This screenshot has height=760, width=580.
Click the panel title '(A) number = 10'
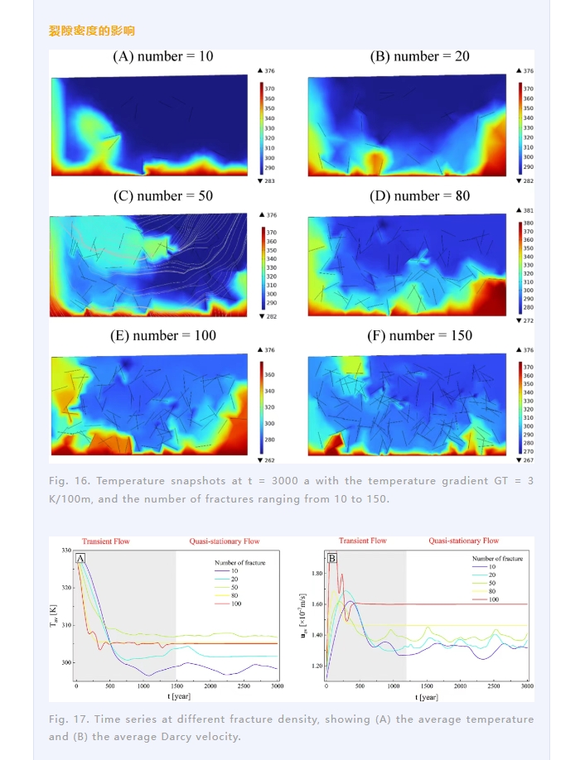163,56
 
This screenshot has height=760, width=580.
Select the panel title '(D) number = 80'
419,196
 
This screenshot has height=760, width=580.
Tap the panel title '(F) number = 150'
420,335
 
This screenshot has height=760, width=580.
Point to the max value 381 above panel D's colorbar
529,211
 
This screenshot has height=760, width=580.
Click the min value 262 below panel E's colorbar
271,460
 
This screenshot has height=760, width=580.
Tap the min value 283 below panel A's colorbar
271,180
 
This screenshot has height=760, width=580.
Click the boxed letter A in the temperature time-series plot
80,559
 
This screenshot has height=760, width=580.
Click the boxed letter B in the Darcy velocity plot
331,559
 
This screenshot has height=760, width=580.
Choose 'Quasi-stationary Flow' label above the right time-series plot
463,541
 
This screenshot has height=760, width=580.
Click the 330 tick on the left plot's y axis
66,551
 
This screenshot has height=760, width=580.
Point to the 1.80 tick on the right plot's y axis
316,573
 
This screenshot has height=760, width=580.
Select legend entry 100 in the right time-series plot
494,598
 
